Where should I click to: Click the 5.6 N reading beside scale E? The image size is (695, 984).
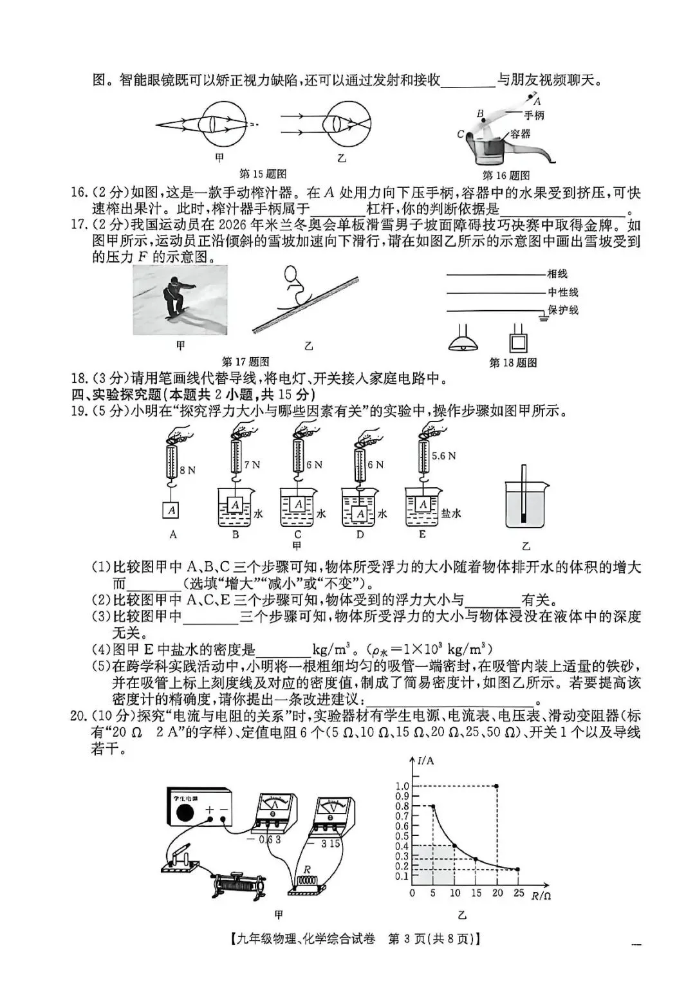tap(443, 456)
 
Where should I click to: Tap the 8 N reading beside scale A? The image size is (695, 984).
tap(187, 470)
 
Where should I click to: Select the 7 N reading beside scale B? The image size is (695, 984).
tap(252, 464)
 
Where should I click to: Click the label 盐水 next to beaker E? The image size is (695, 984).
tap(450, 514)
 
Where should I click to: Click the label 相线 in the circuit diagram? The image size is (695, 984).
tap(557, 274)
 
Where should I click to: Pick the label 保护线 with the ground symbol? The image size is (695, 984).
tap(563, 310)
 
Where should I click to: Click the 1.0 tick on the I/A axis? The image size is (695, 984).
tap(402, 786)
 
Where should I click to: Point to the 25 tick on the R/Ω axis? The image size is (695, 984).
tap(518, 893)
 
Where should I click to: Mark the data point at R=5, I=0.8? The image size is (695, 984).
tap(433, 806)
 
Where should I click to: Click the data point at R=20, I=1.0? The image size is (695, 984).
tap(497, 786)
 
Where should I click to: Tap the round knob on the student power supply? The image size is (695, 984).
tap(184, 813)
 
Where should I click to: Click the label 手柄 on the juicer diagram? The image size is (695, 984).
tap(533, 115)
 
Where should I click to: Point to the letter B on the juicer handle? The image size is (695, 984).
tap(479, 114)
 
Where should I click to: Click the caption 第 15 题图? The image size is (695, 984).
tap(263, 174)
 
